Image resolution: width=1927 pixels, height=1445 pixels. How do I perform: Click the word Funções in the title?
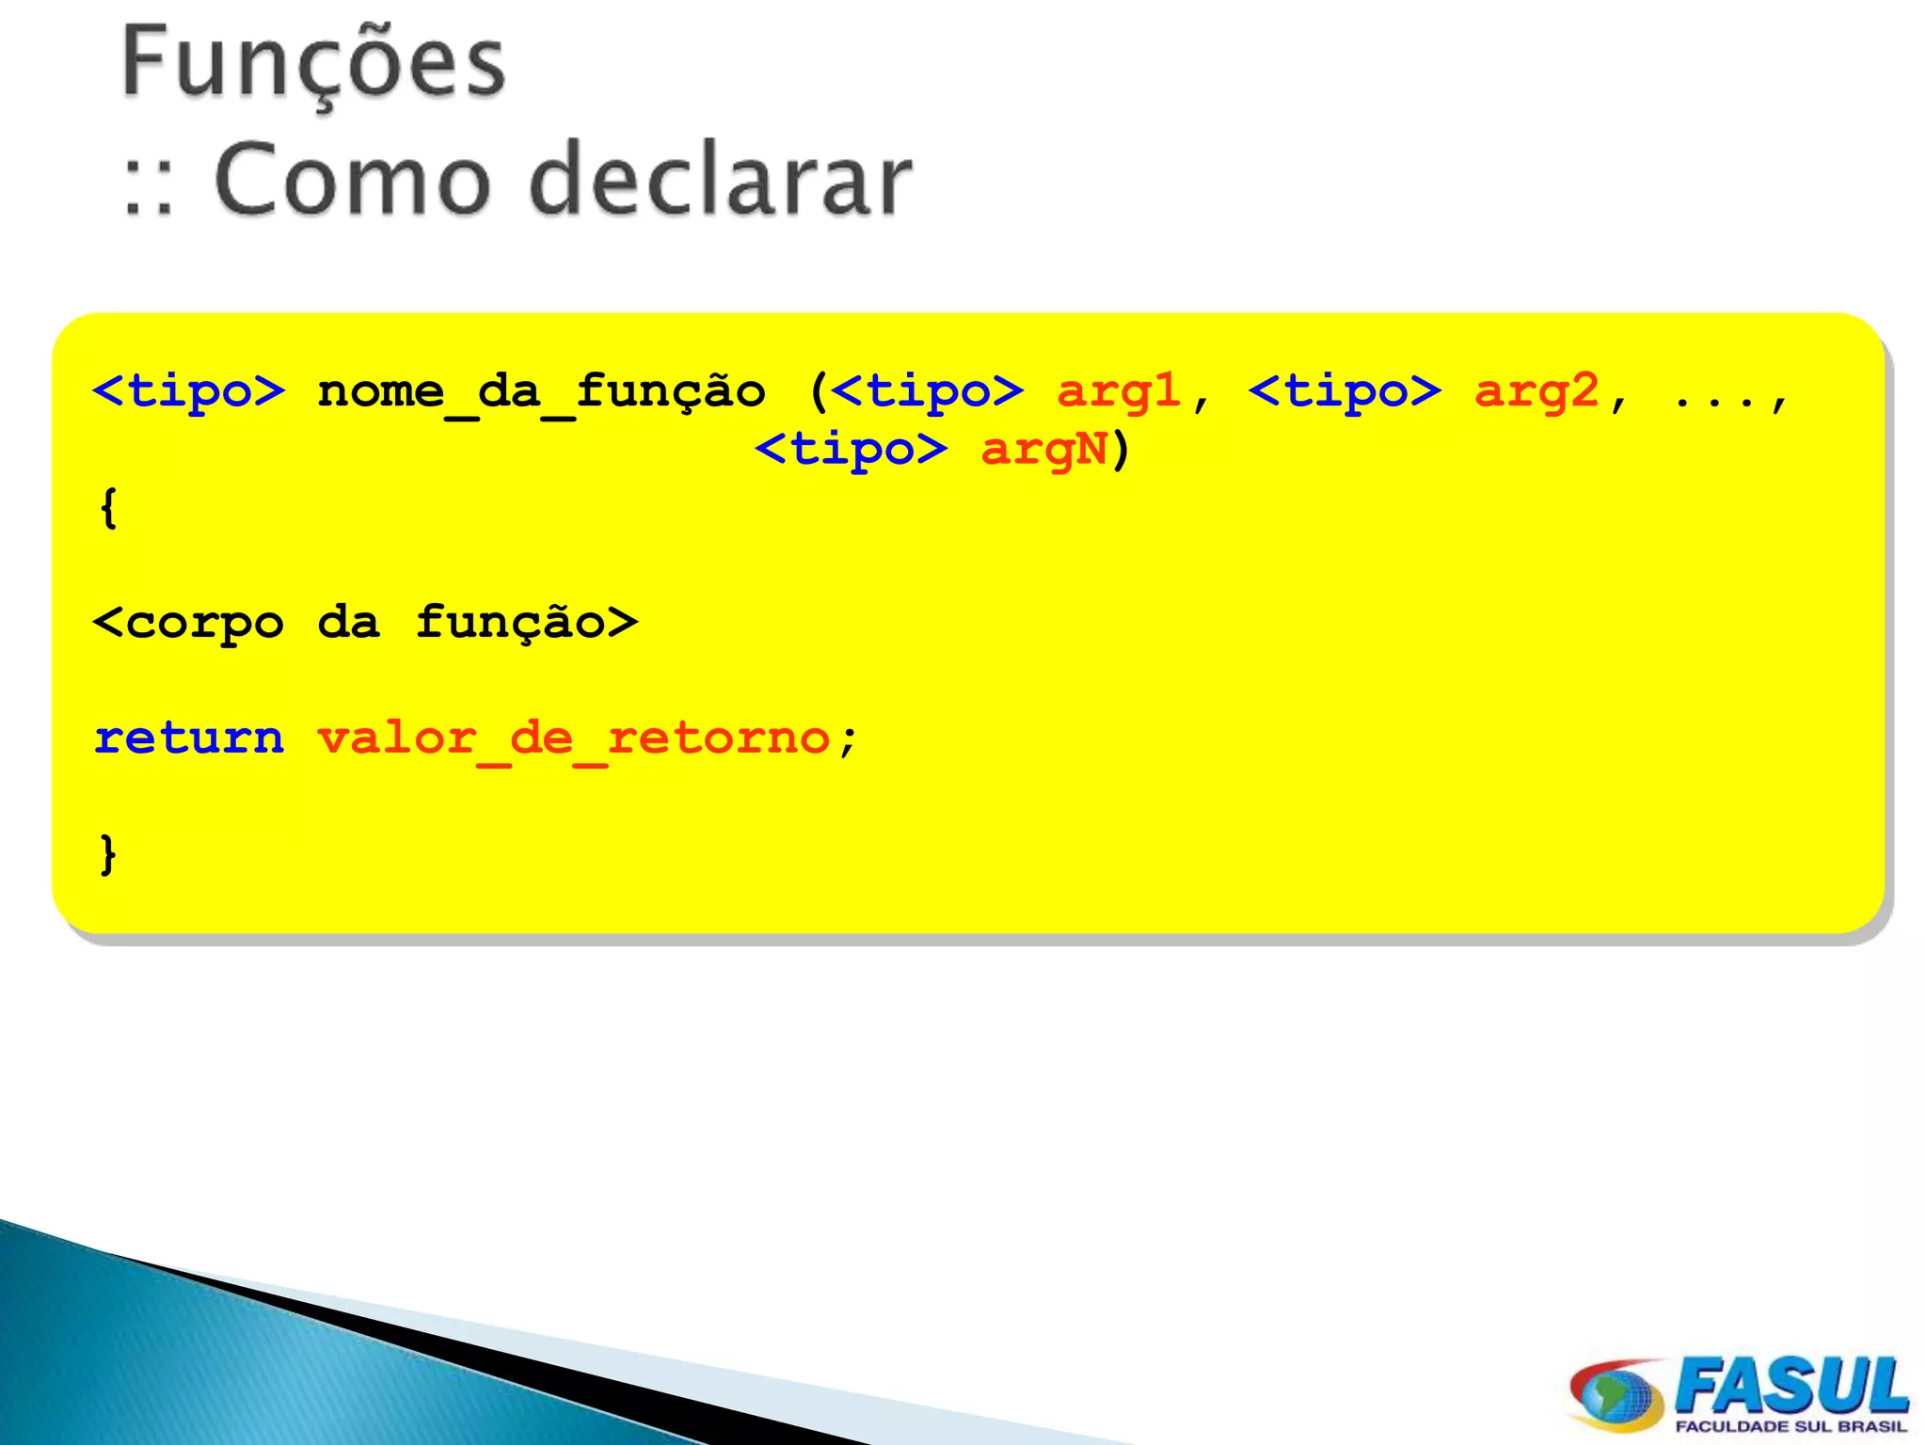click(313, 64)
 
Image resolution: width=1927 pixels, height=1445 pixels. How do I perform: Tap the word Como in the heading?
click(352, 179)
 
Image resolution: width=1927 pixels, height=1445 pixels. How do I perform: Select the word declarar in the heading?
click(721, 179)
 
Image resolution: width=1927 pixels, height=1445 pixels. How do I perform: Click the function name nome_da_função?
click(541, 392)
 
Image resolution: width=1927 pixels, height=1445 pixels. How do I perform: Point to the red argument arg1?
click(1119, 392)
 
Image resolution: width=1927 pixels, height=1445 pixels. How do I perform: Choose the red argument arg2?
click(1537, 392)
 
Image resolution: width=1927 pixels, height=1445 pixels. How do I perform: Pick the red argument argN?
click(1043, 450)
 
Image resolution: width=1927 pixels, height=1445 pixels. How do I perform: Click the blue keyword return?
click(189, 738)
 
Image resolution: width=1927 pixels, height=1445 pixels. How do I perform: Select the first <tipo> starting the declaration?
click(189, 392)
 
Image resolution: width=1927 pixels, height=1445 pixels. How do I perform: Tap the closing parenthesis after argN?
click(1120, 450)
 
